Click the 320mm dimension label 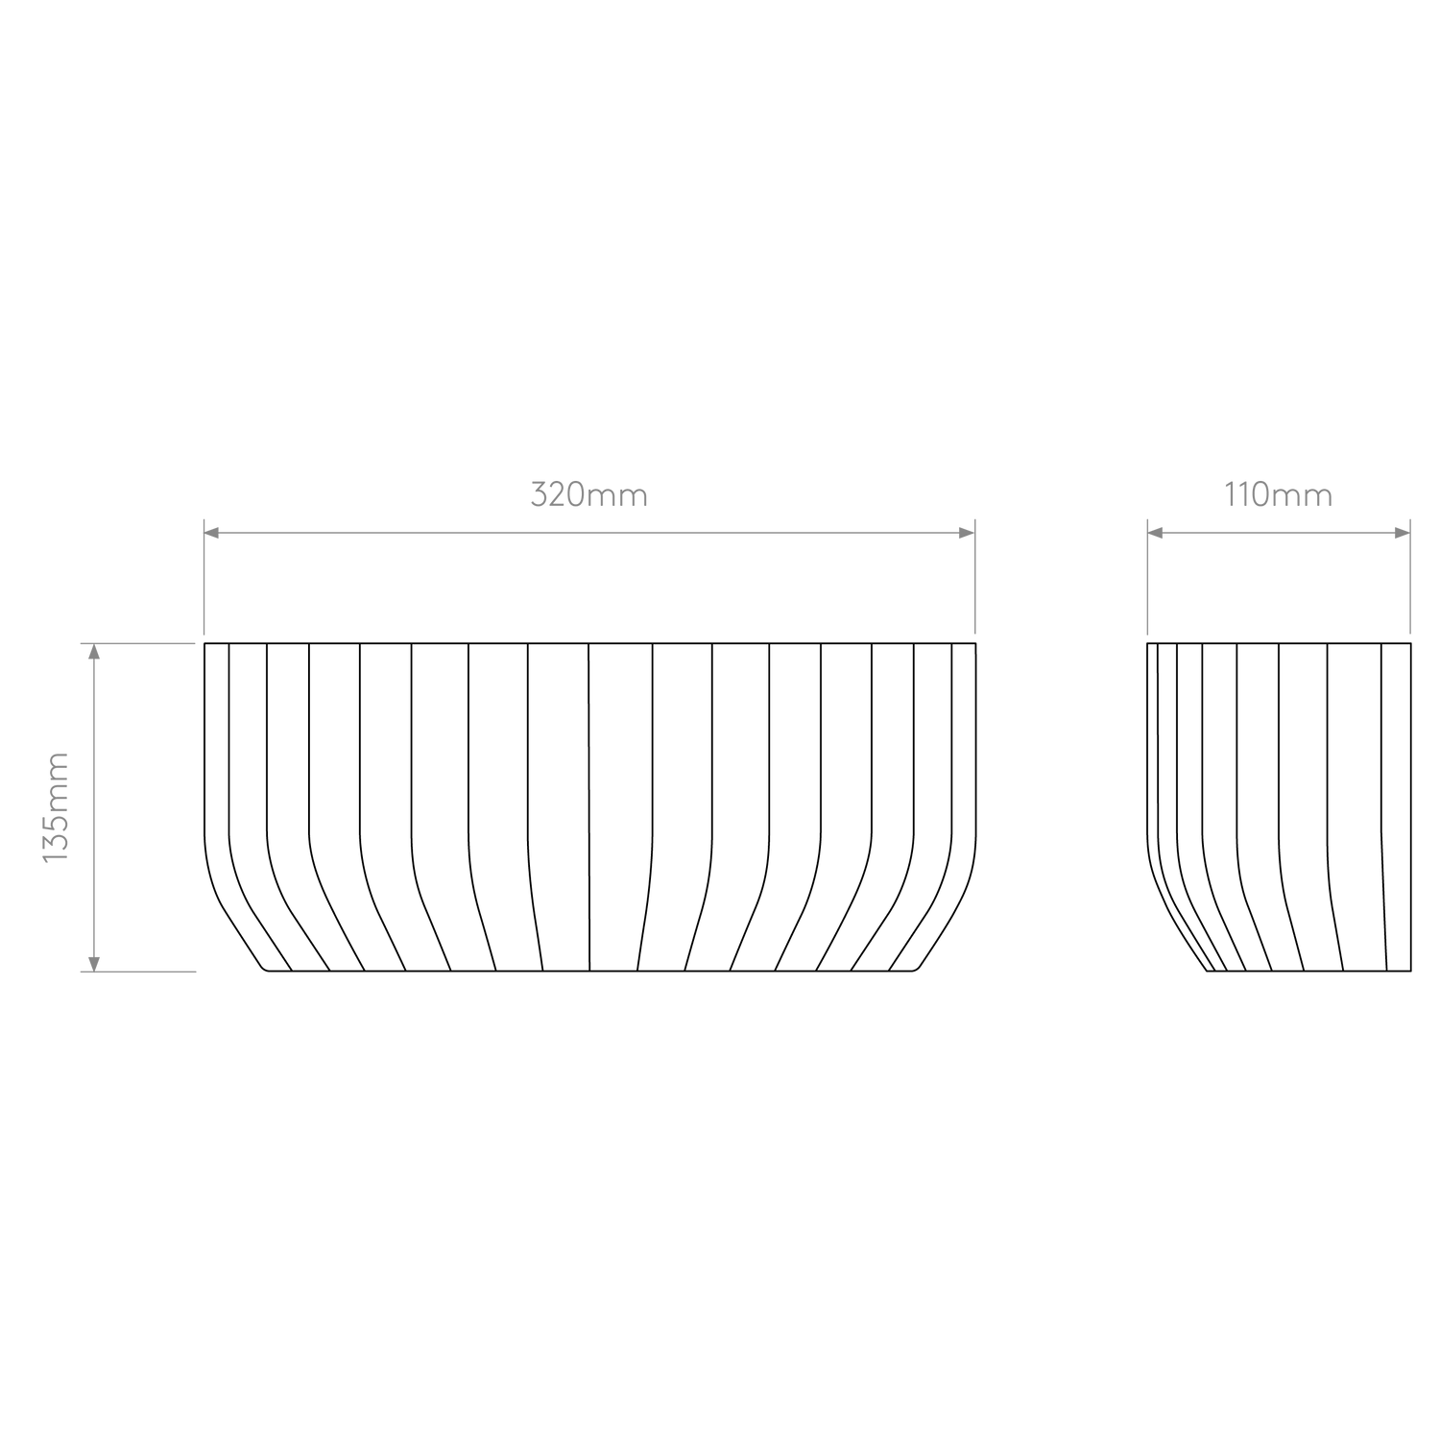click(x=589, y=495)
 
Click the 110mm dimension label click(x=1279, y=495)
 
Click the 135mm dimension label click(x=56, y=806)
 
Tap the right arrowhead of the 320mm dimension click(x=967, y=533)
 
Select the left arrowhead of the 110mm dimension click(x=1157, y=533)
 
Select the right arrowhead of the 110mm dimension click(x=1402, y=533)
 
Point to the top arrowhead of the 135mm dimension click(x=93, y=652)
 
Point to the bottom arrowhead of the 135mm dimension click(x=93, y=962)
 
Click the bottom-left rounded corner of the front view click(x=264, y=968)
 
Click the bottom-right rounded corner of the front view click(x=917, y=968)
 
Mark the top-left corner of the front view click(x=204, y=643)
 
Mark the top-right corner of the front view click(x=976, y=643)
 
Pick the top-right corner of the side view click(x=1411, y=643)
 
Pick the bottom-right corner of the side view click(x=1411, y=971)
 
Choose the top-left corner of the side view click(x=1148, y=643)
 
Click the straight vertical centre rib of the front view click(x=588, y=806)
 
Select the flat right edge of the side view click(x=1411, y=806)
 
